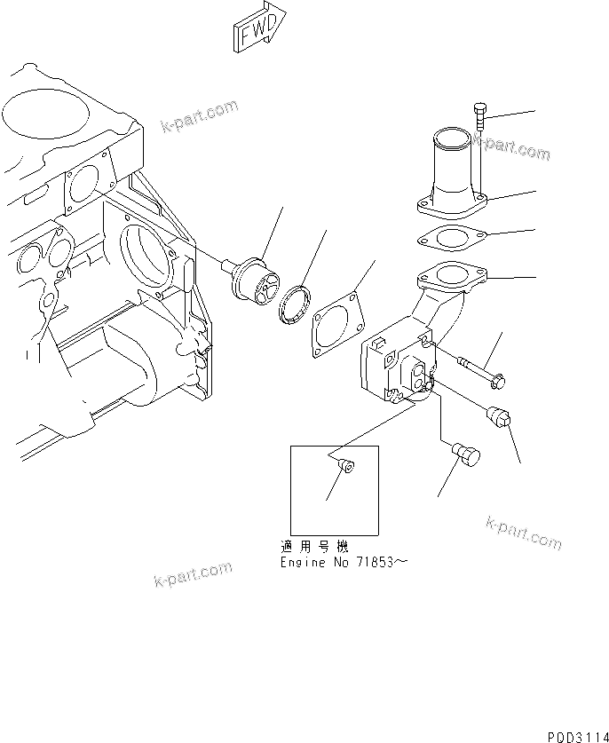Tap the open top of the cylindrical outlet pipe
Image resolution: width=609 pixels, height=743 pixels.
click(449, 138)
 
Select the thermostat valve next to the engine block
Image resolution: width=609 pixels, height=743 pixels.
click(254, 277)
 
